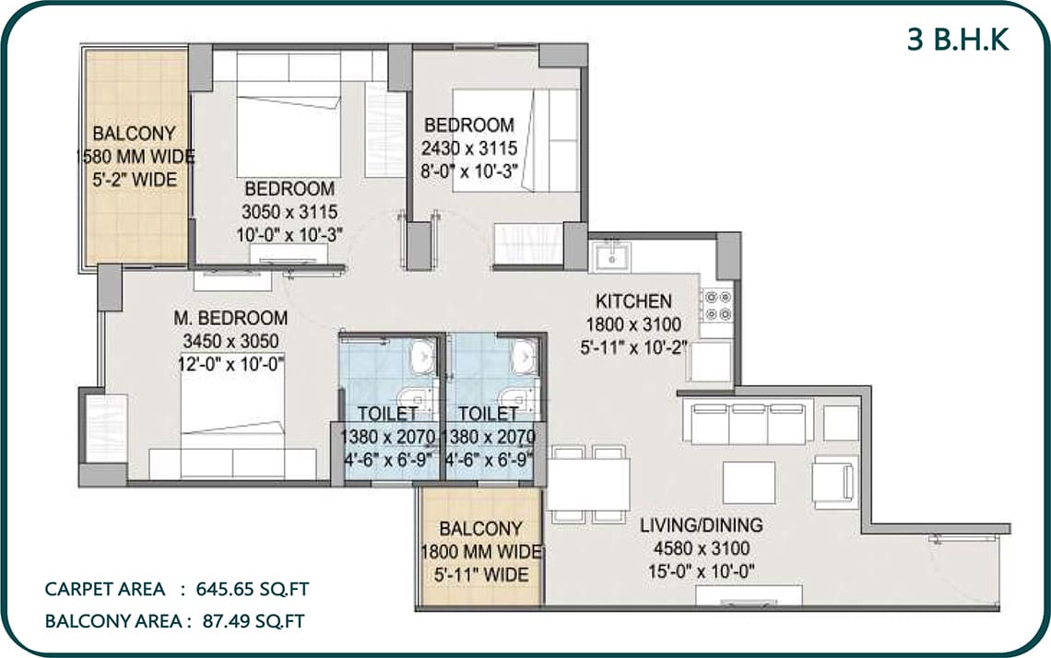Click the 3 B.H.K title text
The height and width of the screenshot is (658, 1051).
tap(958, 41)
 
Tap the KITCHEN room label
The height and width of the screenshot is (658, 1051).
tap(633, 300)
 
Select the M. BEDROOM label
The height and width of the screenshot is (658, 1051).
tap(230, 318)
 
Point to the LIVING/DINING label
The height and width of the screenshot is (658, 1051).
tap(701, 524)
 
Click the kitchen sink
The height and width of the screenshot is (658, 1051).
tap(611, 256)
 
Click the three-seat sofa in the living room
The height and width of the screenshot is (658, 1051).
tap(749, 422)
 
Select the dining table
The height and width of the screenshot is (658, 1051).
tap(588, 485)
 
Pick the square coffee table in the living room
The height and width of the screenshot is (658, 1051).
tap(750, 483)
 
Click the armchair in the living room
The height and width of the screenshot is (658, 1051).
tap(834, 480)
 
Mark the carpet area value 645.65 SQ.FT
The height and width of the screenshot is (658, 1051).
tap(252, 589)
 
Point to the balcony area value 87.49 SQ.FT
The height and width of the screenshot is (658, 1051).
tap(254, 621)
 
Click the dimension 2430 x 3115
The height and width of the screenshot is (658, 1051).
tap(469, 148)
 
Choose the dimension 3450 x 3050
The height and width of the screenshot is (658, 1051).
tap(230, 341)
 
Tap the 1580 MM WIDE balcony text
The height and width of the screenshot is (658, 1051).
tap(135, 157)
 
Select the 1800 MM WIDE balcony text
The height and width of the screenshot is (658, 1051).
tap(481, 551)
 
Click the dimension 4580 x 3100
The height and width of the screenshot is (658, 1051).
tap(701, 548)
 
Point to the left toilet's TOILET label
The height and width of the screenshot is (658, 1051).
tap(387, 414)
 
